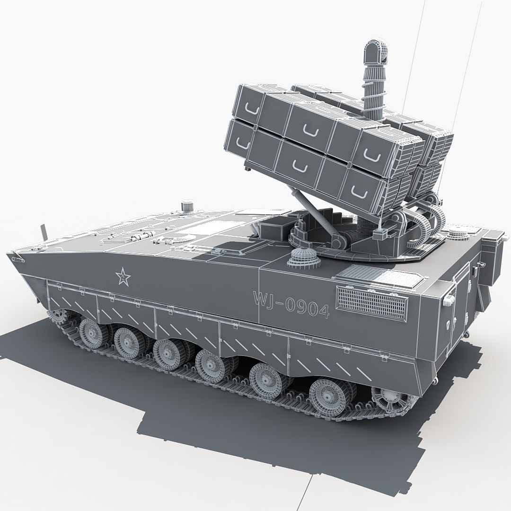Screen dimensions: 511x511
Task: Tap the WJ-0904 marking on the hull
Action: [291, 303]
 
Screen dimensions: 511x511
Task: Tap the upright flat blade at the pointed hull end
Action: [45, 232]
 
